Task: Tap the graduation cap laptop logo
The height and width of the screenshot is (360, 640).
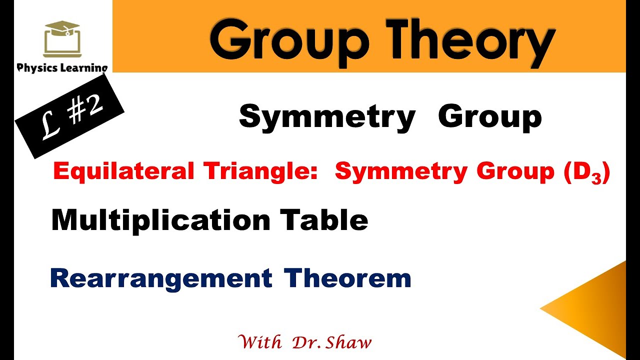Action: click(62, 39)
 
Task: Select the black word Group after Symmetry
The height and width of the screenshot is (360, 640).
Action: click(489, 117)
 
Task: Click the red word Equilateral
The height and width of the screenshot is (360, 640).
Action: click(123, 171)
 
